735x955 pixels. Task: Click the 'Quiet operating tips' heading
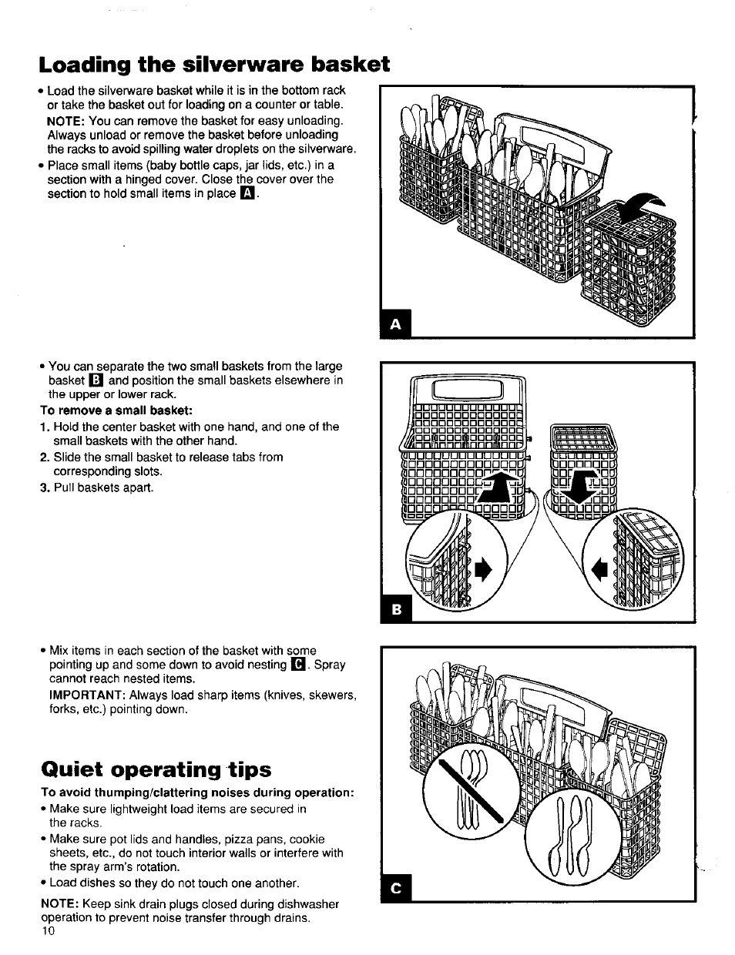coord(156,769)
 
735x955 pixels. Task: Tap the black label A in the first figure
coord(395,325)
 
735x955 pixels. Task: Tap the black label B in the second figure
coord(397,609)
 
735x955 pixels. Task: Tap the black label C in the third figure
coord(397,889)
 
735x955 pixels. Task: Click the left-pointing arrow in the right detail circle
coord(599,570)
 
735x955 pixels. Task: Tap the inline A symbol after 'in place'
coord(247,193)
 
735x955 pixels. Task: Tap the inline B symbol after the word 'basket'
coord(96,380)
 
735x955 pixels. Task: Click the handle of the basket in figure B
coord(468,389)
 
